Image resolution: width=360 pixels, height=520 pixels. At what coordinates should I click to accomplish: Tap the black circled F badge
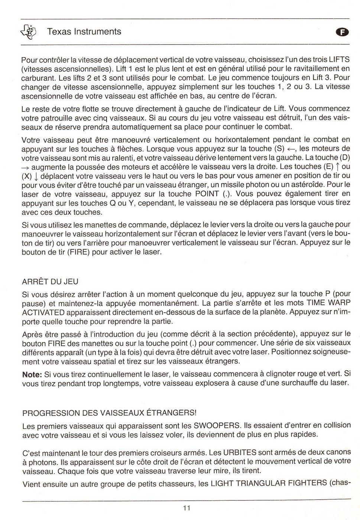[x=343, y=32]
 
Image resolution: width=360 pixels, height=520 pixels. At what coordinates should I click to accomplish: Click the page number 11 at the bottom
[x=186, y=508]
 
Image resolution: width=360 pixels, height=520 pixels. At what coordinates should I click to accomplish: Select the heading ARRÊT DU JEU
[x=50, y=282]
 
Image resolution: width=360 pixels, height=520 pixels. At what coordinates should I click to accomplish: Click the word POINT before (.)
[x=207, y=194]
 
